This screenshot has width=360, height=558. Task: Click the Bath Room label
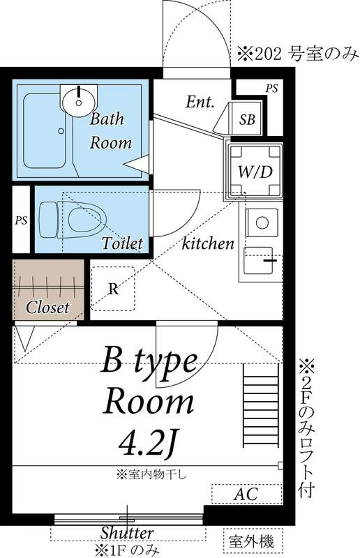110,130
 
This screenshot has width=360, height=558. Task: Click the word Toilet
122,243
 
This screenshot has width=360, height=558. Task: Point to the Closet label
47,307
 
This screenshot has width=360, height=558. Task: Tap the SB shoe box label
248,119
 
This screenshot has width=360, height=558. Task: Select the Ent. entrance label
200,102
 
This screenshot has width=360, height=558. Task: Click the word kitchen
207,243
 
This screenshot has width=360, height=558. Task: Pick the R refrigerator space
112,289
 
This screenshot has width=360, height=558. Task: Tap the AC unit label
246,495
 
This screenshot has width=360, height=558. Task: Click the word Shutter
127,532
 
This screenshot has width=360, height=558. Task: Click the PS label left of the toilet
21,220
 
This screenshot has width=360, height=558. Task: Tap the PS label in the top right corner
271,88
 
